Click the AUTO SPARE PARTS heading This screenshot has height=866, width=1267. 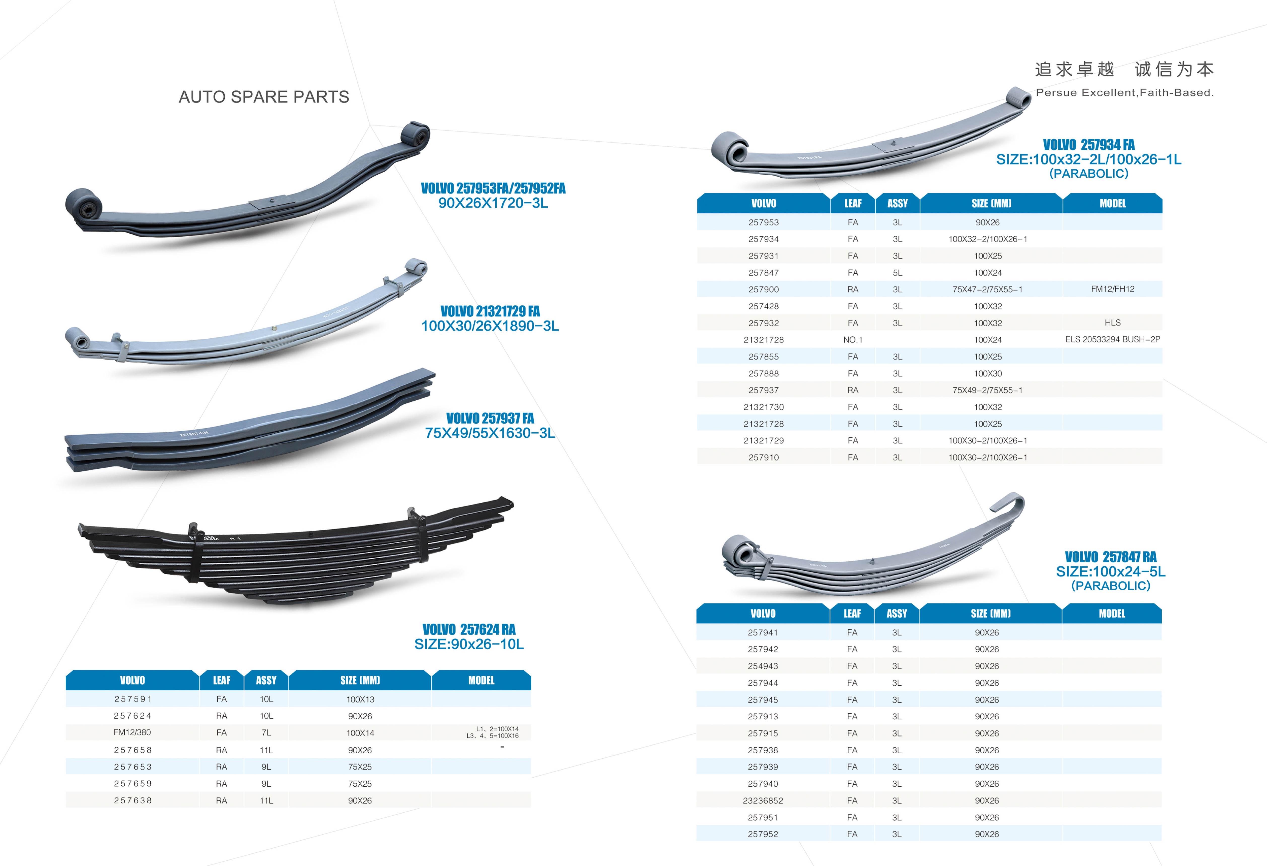(264, 97)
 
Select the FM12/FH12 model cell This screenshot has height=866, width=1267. (1112, 289)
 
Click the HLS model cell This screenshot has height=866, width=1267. (1112, 323)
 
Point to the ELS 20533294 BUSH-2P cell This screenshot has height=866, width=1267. (1112, 339)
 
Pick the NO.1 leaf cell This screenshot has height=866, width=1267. (853, 340)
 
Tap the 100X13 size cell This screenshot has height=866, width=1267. (360, 699)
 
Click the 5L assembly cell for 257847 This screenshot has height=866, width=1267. (897, 273)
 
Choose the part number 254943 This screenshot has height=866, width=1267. (763, 666)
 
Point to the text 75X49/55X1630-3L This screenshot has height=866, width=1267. (490, 433)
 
